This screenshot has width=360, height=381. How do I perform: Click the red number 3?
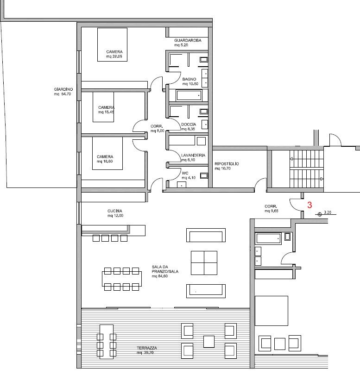pyautogui.click(x=309, y=205)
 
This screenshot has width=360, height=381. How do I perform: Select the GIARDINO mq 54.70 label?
pyautogui.click(x=63, y=92)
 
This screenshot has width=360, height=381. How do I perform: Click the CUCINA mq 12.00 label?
pyautogui.click(x=115, y=213)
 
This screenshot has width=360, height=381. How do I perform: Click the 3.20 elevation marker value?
pyautogui.click(x=328, y=212)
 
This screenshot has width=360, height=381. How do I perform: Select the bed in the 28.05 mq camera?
pyautogui.click(x=113, y=44)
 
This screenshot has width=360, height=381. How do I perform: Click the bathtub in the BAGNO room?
pyautogui.click(x=189, y=95)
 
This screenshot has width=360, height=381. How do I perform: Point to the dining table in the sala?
pyautogui.click(x=121, y=279)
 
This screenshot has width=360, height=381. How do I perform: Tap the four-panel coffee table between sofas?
pyautogui.click(x=204, y=263)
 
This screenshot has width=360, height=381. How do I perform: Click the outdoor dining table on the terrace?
pyautogui.click(x=107, y=342)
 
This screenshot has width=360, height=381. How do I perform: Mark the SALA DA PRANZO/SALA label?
pyautogui.click(x=165, y=271)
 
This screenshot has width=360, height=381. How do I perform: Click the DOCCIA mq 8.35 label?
pyautogui.click(x=188, y=126)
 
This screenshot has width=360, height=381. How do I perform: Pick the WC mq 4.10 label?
pyautogui.click(x=189, y=175)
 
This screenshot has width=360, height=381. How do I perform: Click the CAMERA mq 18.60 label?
pyautogui.click(x=105, y=159)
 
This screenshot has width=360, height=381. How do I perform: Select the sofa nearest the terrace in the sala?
pyautogui.click(x=206, y=291)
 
